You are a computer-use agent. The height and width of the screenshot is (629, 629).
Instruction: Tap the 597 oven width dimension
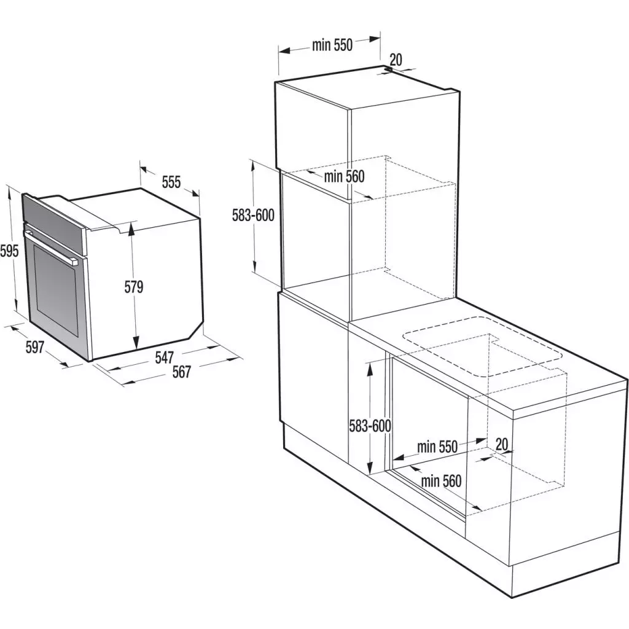(x=34, y=347)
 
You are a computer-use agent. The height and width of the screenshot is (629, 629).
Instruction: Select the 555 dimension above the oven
(x=171, y=182)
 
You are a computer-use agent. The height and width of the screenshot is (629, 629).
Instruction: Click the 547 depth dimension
(x=165, y=356)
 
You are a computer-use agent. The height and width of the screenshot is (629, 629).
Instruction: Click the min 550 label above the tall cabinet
(x=332, y=44)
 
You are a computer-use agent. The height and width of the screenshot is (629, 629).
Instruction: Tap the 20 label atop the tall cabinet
(x=396, y=59)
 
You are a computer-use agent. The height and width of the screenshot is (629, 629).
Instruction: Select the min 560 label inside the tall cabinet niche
(x=344, y=177)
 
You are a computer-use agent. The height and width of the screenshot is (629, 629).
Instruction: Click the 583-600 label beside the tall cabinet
(x=252, y=215)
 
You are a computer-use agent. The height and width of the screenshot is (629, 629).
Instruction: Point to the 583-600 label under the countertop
(x=370, y=425)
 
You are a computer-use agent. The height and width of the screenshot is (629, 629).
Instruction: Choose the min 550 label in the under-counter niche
(x=437, y=447)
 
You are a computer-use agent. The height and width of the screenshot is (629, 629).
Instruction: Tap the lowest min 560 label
(x=440, y=481)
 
